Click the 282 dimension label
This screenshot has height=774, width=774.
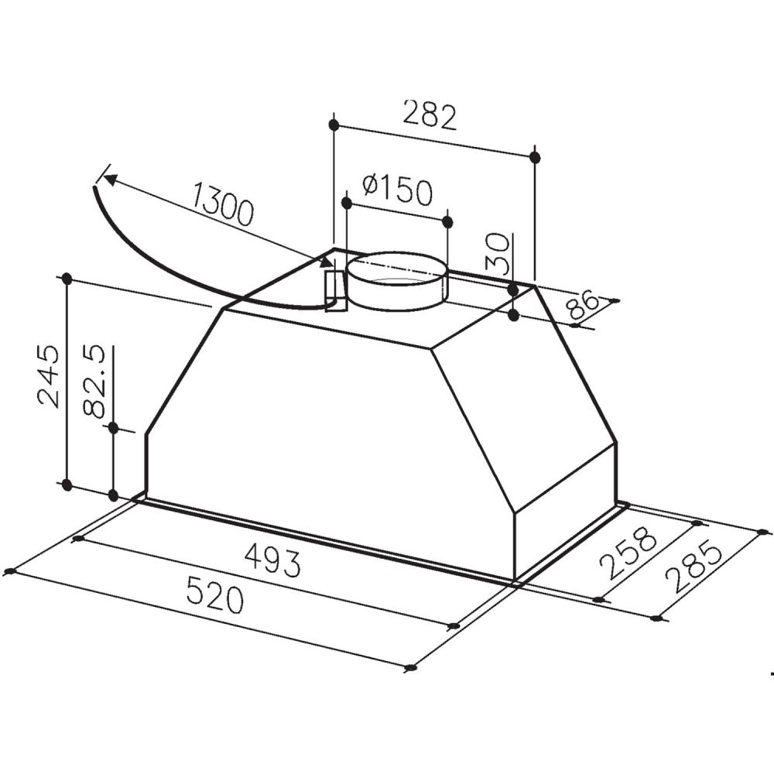point(430,116)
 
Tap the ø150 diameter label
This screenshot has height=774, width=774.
point(397,190)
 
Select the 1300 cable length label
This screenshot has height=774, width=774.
point(222,203)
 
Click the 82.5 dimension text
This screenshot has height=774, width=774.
point(95,382)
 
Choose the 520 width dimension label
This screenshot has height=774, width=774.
point(214,597)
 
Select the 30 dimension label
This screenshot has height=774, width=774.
point(502,254)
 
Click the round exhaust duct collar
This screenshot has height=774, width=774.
point(396,282)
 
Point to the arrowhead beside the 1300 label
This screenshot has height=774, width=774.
point(109,180)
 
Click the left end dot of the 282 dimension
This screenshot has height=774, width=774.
point(334,125)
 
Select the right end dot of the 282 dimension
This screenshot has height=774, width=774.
point(535,157)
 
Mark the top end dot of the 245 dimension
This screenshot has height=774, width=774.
point(67,278)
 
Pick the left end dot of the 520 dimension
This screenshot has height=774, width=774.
point(9,571)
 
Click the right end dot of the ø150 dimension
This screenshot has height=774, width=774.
point(447,222)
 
